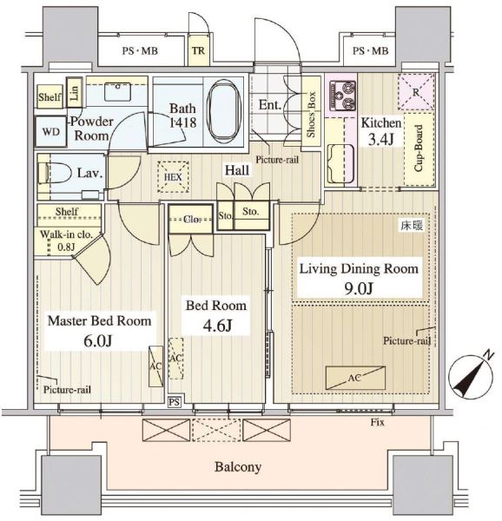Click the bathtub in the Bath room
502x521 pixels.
click(223, 112)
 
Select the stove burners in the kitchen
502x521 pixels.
click(342, 96)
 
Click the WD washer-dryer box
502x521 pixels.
click(51, 132)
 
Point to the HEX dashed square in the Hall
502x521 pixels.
click(174, 177)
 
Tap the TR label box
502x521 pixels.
click(198, 50)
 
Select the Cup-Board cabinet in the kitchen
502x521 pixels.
click(419, 149)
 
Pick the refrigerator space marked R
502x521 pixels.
click(416, 92)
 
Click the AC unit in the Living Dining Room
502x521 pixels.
click(355, 378)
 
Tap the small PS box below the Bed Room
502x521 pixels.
click(174, 402)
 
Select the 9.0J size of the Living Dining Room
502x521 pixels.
click(359, 287)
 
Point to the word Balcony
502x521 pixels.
click(238, 467)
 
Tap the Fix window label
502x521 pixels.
click(378, 422)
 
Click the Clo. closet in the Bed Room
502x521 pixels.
click(191, 219)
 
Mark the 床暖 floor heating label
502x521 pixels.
click(412, 226)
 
